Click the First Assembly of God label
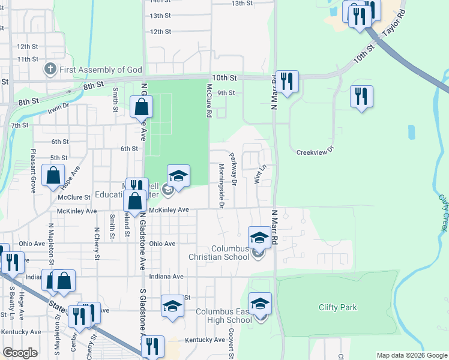(101, 69)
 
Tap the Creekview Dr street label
(315, 152)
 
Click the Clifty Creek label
(443, 211)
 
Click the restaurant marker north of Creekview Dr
(361, 97)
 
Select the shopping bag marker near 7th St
(142, 107)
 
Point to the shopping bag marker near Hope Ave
(53, 176)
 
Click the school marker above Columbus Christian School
(259, 237)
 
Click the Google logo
(20, 353)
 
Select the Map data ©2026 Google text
(411, 355)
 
